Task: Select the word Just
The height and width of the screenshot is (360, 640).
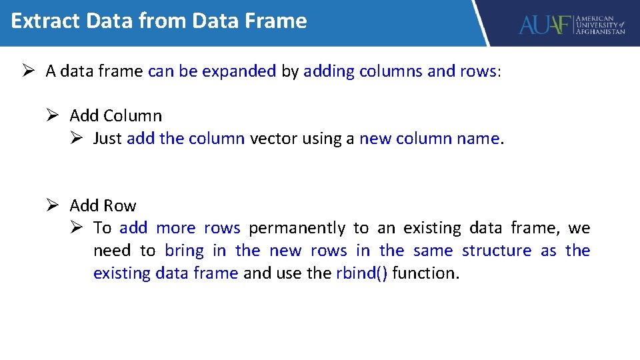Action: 107,139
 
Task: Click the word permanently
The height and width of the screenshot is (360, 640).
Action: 297,228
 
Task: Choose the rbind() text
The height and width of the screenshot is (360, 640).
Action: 361,273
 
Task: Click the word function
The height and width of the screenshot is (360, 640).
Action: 424,273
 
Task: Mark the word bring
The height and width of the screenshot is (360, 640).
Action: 184,251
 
